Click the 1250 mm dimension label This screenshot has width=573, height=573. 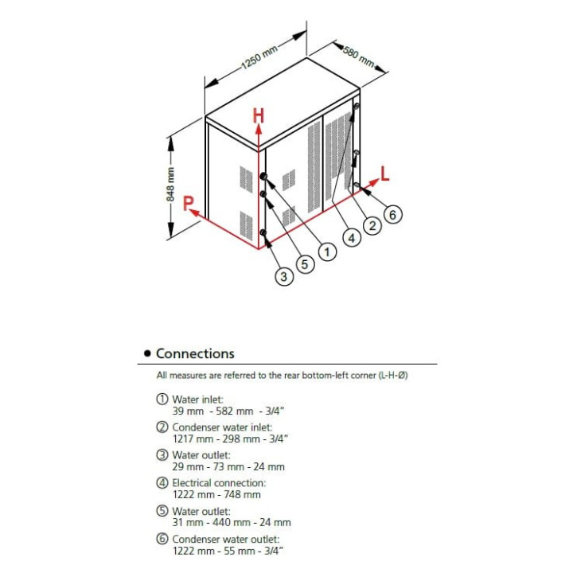pos(260,60)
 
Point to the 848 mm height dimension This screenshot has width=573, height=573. pos(170,185)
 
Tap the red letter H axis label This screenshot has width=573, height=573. pos(258,115)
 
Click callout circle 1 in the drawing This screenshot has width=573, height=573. pos(326,251)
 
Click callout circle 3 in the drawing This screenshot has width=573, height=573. pos(284,276)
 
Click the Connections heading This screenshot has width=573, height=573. pos(195,353)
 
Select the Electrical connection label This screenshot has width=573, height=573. pos(219,482)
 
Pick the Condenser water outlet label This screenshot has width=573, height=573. pos(224,539)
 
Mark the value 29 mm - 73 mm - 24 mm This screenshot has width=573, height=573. pos(228,466)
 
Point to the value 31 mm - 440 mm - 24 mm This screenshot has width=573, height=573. pos(231,522)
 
